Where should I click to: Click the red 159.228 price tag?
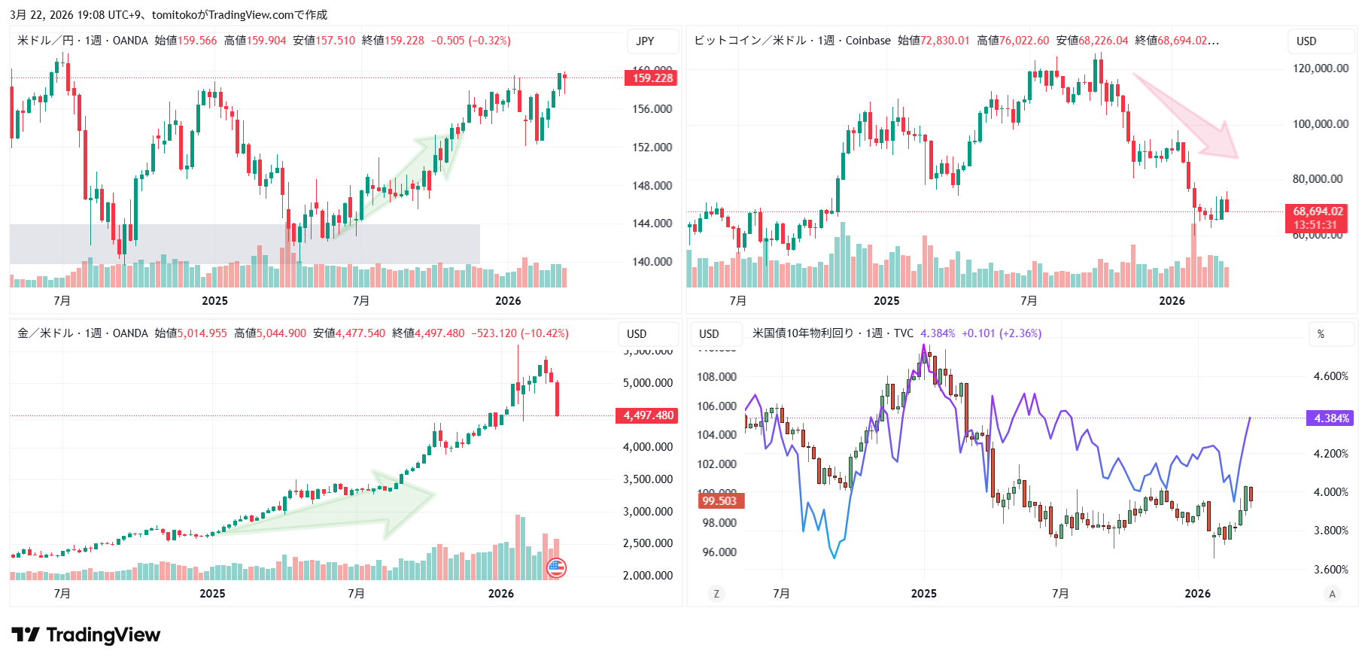pos(651,78)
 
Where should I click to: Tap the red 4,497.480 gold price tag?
pos(647,415)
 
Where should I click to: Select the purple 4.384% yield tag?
pos(1330,418)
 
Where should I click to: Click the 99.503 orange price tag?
pos(719,501)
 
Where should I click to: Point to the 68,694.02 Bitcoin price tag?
pos(1317,218)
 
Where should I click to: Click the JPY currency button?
pos(645,41)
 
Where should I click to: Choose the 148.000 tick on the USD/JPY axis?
pos(652,185)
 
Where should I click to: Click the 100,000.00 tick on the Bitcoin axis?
pos(1321,124)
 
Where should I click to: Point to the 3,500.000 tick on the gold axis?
pos(647,479)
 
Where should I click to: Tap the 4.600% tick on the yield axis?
pos(1330,376)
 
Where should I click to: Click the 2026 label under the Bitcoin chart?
pos(1172,301)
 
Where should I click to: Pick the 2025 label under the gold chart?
pos(212,594)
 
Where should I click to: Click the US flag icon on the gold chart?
pos(556,568)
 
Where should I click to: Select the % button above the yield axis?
pos(1321,334)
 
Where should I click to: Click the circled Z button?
pos(716,594)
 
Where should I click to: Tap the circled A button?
pos(1332,594)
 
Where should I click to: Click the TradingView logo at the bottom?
pos(86,635)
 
